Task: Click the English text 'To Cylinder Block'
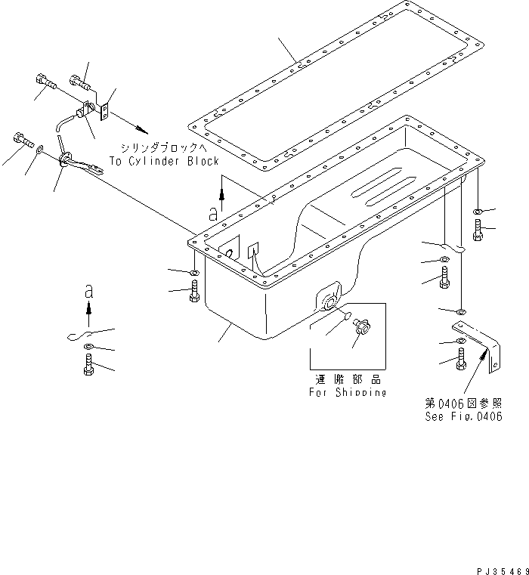point(163,161)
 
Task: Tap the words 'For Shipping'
point(347,393)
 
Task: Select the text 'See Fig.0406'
point(463,416)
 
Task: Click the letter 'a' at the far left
point(88,289)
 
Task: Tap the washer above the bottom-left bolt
point(88,348)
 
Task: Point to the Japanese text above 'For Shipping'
point(347,380)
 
